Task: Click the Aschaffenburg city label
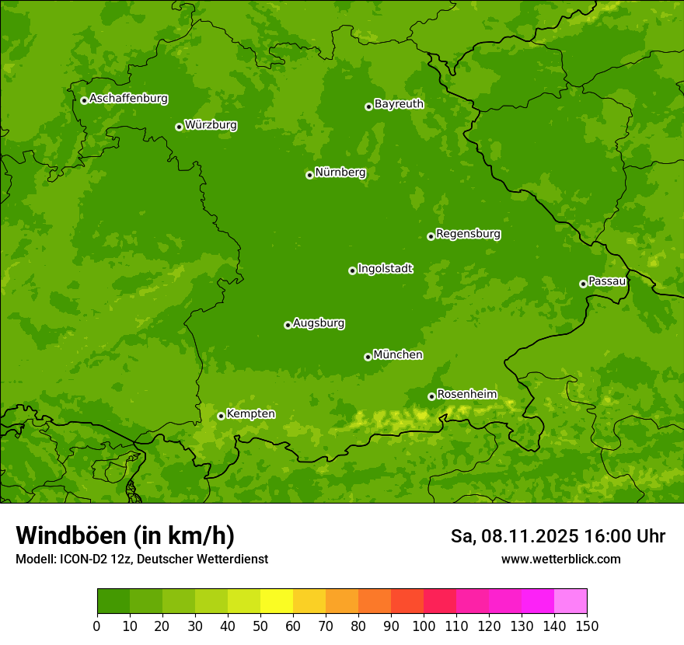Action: pos(128,99)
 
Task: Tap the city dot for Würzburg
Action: pos(179,127)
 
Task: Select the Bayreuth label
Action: pos(399,103)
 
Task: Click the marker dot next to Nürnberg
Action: pos(309,175)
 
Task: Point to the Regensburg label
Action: pos(468,233)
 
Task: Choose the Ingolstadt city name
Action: pos(385,268)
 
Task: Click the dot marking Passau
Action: pos(583,284)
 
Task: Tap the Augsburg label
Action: pos(319,322)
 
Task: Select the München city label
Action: pos(398,354)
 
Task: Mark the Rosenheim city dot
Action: pos(431,396)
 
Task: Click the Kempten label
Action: pos(250,413)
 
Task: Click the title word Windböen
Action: pos(70,535)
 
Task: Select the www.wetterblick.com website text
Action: pos(560,559)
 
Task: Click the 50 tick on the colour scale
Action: pos(260,626)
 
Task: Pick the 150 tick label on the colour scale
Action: pos(587,626)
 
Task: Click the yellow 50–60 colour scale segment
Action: pos(277,601)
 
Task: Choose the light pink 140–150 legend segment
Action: pos(571,601)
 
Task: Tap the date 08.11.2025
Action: pos(529,536)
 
